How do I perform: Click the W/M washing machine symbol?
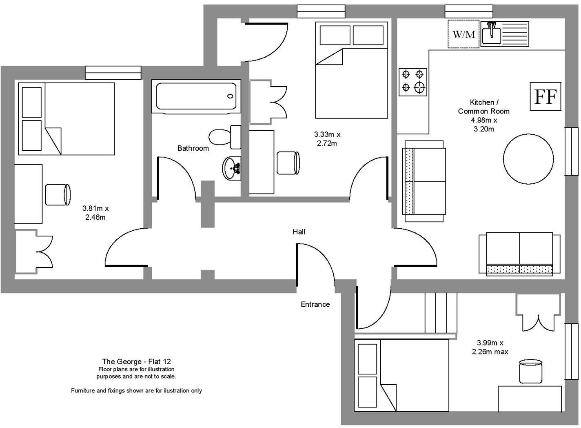463,34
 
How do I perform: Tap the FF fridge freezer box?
546,96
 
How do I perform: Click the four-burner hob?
413,82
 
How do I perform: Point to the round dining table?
528,158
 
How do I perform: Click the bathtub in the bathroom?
196,96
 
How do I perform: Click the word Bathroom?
193,148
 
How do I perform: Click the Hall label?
299,232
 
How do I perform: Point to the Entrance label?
315,304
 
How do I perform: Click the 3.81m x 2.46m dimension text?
95,213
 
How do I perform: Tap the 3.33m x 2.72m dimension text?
327,138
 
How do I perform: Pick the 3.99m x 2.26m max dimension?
490,347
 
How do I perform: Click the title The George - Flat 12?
136,361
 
